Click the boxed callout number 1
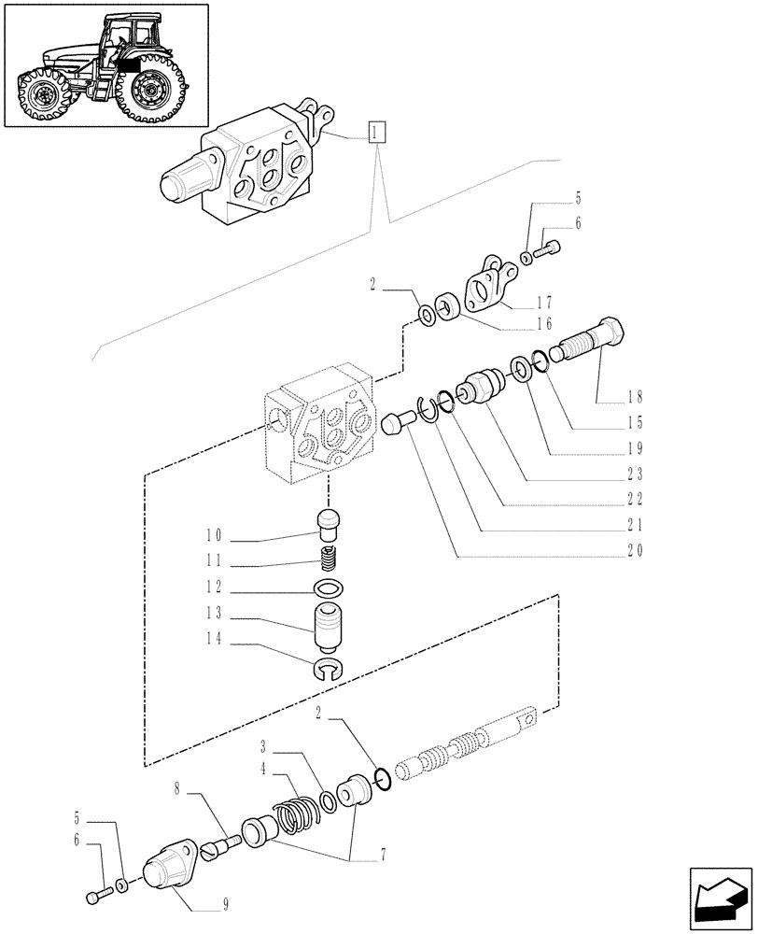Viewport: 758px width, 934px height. point(375,132)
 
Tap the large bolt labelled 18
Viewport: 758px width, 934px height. point(595,343)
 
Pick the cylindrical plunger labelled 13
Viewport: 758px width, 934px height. point(328,626)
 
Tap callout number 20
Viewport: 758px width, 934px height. point(636,550)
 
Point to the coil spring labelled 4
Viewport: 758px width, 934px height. point(294,808)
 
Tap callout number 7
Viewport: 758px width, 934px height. point(357,855)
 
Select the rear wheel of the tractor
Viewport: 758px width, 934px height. point(150,90)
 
